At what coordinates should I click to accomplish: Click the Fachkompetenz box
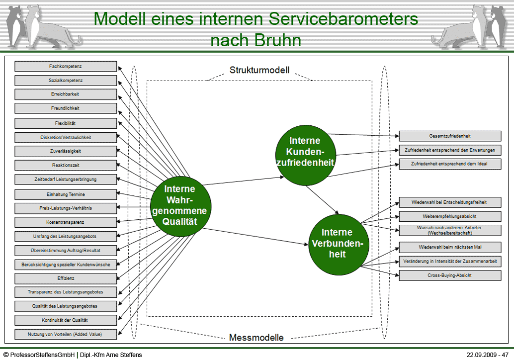pyautogui.click(x=66, y=66)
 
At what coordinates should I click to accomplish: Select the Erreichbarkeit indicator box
pyautogui.click(x=66, y=94)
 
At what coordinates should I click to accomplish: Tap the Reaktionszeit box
pyautogui.click(x=66, y=165)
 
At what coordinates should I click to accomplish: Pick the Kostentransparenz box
pyautogui.click(x=66, y=222)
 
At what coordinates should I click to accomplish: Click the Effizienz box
pyautogui.click(x=66, y=278)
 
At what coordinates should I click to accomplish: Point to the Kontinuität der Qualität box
pyautogui.click(x=66, y=320)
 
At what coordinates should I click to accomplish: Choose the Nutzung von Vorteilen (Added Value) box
pyautogui.click(x=66, y=334)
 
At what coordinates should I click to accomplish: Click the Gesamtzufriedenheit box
pyautogui.click(x=450, y=136)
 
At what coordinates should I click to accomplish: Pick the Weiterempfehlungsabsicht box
pyautogui.click(x=450, y=216)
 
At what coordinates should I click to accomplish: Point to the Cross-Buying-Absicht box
pyautogui.click(x=450, y=275)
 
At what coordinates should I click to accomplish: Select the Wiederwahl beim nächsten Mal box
pyautogui.click(x=450, y=247)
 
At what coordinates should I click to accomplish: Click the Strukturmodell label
pyautogui.click(x=259, y=70)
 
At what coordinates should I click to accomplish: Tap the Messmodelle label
pyautogui.click(x=257, y=338)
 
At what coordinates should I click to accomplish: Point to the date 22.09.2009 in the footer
pyautogui.click(x=481, y=355)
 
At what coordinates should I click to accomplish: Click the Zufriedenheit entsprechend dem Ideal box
pyautogui.click(x=450, y=164)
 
